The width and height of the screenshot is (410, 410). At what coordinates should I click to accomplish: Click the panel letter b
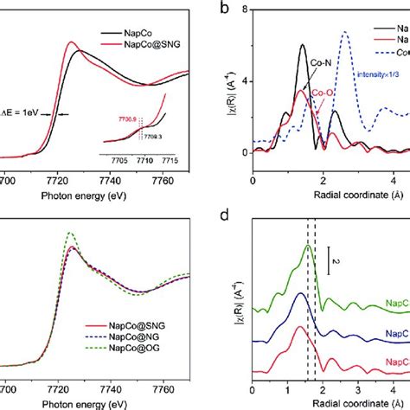point(224,10)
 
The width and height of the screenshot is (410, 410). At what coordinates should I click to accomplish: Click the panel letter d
point(224,218)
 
